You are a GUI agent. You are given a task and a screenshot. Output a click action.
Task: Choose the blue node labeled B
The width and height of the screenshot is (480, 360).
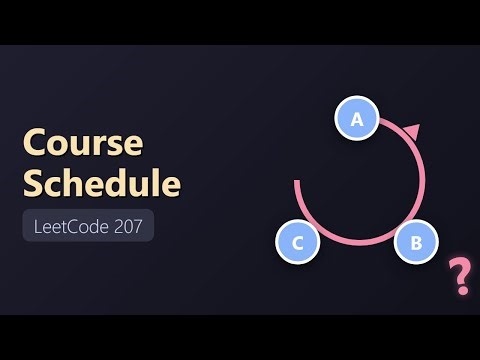pyautogui.click(x=416, y=241)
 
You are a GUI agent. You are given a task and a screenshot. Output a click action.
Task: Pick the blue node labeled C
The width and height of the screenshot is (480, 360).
pyautogui.click(x=297, y=242)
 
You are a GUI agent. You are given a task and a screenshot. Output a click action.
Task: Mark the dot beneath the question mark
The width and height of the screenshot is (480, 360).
pyautogui.click(x=462, y=290)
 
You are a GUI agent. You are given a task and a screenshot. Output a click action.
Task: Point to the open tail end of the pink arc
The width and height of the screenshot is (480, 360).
pyautogui.click(x=297, y=183)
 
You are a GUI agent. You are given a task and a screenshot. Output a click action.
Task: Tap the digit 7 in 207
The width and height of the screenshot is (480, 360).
pyautogui.click(x=139, y=227)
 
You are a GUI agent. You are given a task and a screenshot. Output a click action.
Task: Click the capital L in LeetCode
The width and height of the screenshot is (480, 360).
pyautogui.click(x=37, y=227)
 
